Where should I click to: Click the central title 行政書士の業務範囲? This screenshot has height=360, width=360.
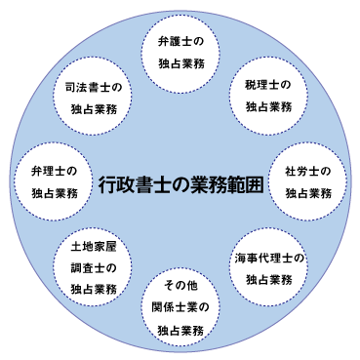181,183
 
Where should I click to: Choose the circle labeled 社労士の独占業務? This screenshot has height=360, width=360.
309,181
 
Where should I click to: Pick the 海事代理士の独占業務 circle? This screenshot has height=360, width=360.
270,269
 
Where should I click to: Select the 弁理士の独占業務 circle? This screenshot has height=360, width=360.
53,181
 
